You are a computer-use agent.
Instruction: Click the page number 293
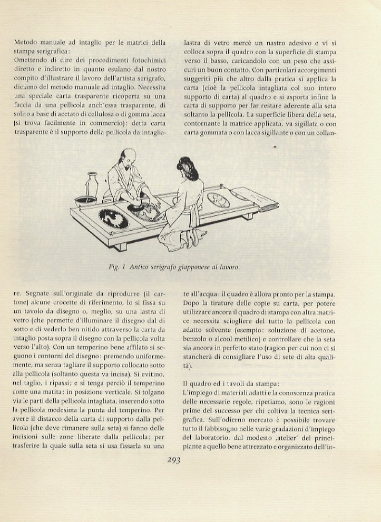coord(173,459)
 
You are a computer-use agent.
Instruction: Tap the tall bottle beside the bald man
coord(93,186)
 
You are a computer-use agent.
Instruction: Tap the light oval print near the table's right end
coord(218,200)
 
